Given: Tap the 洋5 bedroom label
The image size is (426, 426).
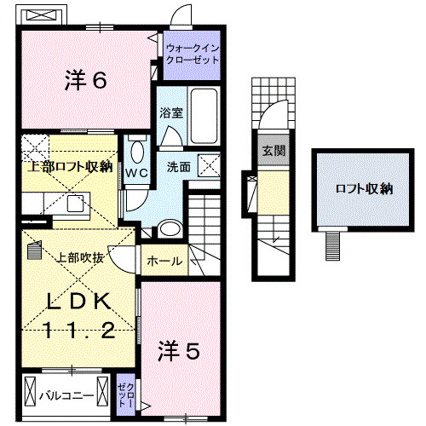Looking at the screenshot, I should pyautogui.click(x=180, y=351).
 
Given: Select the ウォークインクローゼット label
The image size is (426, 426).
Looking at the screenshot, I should pyautogui.click(x=193, y=55).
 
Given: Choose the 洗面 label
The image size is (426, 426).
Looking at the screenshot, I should pyautogui.click(x=178, y=168).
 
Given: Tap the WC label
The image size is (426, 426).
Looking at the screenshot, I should pyautogui.click(x=138, y=172).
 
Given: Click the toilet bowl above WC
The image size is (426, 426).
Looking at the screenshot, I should pyautogui.click(x=138, y=151).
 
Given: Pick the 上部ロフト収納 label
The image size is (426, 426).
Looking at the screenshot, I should pyautogui.click(x=67, y=166).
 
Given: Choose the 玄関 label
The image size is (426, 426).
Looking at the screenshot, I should pyautogui.click(x=273, y=151).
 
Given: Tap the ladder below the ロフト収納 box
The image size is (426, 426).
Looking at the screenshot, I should pyautogui.click(x=334, y=245).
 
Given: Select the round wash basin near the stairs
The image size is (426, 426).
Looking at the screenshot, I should pyautogui.click(x=169, y=227).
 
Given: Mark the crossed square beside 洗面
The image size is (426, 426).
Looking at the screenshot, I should pyautogui.click(x=208, y=165).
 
